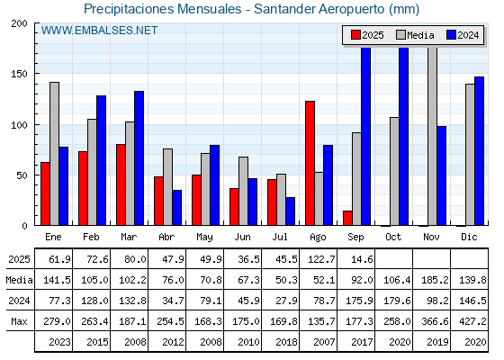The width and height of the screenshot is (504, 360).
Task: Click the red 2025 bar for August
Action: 310,163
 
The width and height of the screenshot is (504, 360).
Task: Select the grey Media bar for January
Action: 55,154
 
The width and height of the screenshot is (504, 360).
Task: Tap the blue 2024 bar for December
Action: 479,151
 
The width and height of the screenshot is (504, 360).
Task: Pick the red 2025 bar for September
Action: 347,218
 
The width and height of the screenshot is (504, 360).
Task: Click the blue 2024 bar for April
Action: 176,208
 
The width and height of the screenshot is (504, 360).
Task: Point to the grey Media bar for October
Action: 395,171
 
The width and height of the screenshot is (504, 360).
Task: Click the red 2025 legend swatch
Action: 355,35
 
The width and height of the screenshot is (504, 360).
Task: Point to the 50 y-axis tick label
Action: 22,175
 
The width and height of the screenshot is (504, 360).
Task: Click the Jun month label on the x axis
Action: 242,238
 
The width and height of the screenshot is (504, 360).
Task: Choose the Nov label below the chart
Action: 431,238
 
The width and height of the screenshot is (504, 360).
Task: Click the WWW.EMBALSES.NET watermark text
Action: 99,31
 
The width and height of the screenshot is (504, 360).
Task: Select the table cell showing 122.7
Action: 321,259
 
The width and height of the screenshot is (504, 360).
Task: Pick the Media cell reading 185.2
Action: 435,280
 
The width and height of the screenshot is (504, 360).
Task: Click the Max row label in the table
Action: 19,321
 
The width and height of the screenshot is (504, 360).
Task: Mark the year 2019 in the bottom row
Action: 437,342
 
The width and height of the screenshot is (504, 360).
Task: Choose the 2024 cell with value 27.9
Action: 286,301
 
